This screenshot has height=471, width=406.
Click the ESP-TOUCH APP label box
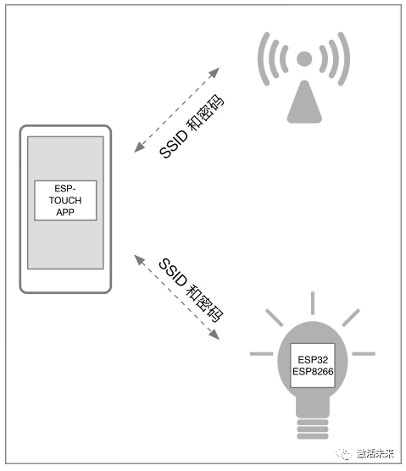[x=65, y=201]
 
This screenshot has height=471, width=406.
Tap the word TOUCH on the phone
[x=65, y=201]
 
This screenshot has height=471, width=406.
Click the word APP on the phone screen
[x=65, y=212]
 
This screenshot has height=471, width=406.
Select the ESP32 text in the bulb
[x=313, y=359]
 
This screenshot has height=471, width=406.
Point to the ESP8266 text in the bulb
[x=313, y=372]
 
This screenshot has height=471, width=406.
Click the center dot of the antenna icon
[x=304, y=58]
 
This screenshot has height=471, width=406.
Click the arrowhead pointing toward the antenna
[x=214, y=72]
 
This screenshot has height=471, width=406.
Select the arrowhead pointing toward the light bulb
[x=214, y=335]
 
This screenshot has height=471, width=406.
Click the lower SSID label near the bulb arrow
[x=173, y=273]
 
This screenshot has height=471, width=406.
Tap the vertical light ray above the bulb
[x=313, y=302]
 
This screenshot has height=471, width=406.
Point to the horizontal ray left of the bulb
[x=261, y=354]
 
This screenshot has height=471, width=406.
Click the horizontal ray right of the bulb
[x=364, y=354]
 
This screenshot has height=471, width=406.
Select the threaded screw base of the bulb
[x=313, y=429]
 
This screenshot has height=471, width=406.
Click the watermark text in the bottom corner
[x=375, y=453]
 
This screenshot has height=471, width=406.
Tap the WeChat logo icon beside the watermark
[x=343, y=454]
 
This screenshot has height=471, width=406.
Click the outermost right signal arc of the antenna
[x=344, y=59]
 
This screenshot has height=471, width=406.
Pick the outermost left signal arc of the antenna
[x=264, y=59]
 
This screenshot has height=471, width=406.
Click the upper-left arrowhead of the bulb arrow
[x=139, y=260]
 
